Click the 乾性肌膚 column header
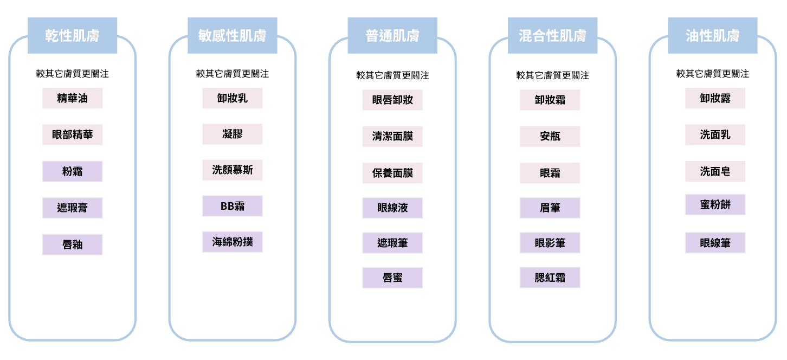(x=73, y=35)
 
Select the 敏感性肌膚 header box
(x=232, y=35)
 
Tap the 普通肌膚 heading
(x=392, y=35)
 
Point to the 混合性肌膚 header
(x=552, y=35)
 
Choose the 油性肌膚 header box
(x=713, y=35)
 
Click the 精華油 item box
(x=73, y=98)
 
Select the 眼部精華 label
(x=73, y=134)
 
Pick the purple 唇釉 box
(x=73, y=245)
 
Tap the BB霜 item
(x=232, y=206)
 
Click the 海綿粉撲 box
(x=232, y=242)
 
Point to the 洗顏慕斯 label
(x=232, y=170)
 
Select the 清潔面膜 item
(x=392, y=137)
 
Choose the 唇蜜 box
(x=392, y=278)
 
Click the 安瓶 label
(x=550, y=137)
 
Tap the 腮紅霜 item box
(x=550, y=278)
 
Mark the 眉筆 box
(x=550, y=208)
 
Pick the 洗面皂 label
(x=715, y=171)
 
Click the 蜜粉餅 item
(x=715, y=204)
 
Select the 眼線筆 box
(x=715, y=242)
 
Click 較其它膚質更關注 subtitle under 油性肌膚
(x=713, y=74)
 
